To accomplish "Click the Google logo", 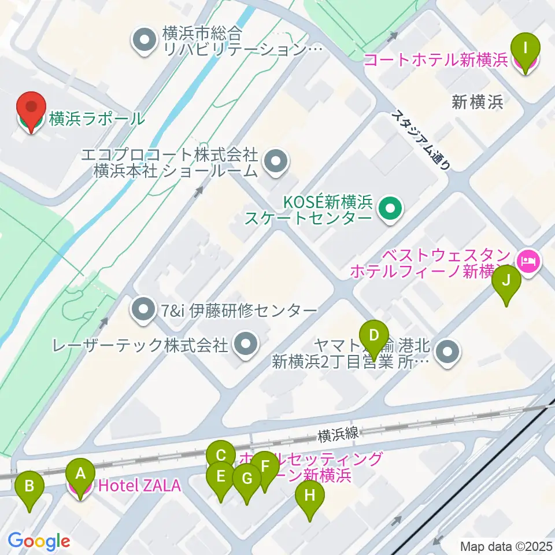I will click(39, 541).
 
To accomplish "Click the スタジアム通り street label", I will click(421, 139).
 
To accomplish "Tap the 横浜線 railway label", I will click(339, 432).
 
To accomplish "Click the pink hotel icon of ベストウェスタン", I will click(528, 261).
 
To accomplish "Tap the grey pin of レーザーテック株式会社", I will click(245, 345).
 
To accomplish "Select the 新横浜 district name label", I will click(477, 103).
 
